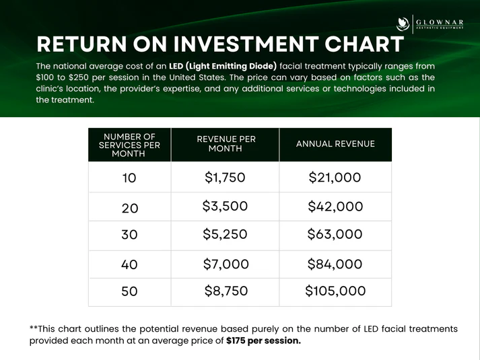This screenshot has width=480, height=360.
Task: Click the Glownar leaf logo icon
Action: tap(403, 24)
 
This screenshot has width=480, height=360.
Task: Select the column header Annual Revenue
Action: tap(335, 144)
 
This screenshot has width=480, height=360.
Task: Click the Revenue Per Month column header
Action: tap(226, 144)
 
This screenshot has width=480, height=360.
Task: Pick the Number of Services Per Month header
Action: tap(129, 145)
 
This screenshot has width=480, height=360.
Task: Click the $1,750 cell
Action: tap(225, 178)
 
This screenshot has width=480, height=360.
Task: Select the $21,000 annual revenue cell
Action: tap(335, 178)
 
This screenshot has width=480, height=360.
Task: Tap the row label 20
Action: tap(130, 209)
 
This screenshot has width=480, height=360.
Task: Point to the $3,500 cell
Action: tap(225, 206)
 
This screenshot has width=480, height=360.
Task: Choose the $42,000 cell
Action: tap(335, 207)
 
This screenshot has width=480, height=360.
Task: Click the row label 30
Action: tap(129, 235)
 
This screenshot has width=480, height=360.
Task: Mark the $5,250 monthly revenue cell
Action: tap(225, 234)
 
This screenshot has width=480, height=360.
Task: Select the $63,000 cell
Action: tap(335, 234)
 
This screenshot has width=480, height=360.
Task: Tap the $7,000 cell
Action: tap(226, 264)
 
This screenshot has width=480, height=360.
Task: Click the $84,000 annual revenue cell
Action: tap(335, 264)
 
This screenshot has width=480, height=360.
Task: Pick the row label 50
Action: tap(129, 291)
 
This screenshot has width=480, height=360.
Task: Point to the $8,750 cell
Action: tap(226, 291)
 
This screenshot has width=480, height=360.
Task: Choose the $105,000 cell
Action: tap(335, 291)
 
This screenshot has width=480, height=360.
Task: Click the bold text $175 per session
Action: tap(264, 340)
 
